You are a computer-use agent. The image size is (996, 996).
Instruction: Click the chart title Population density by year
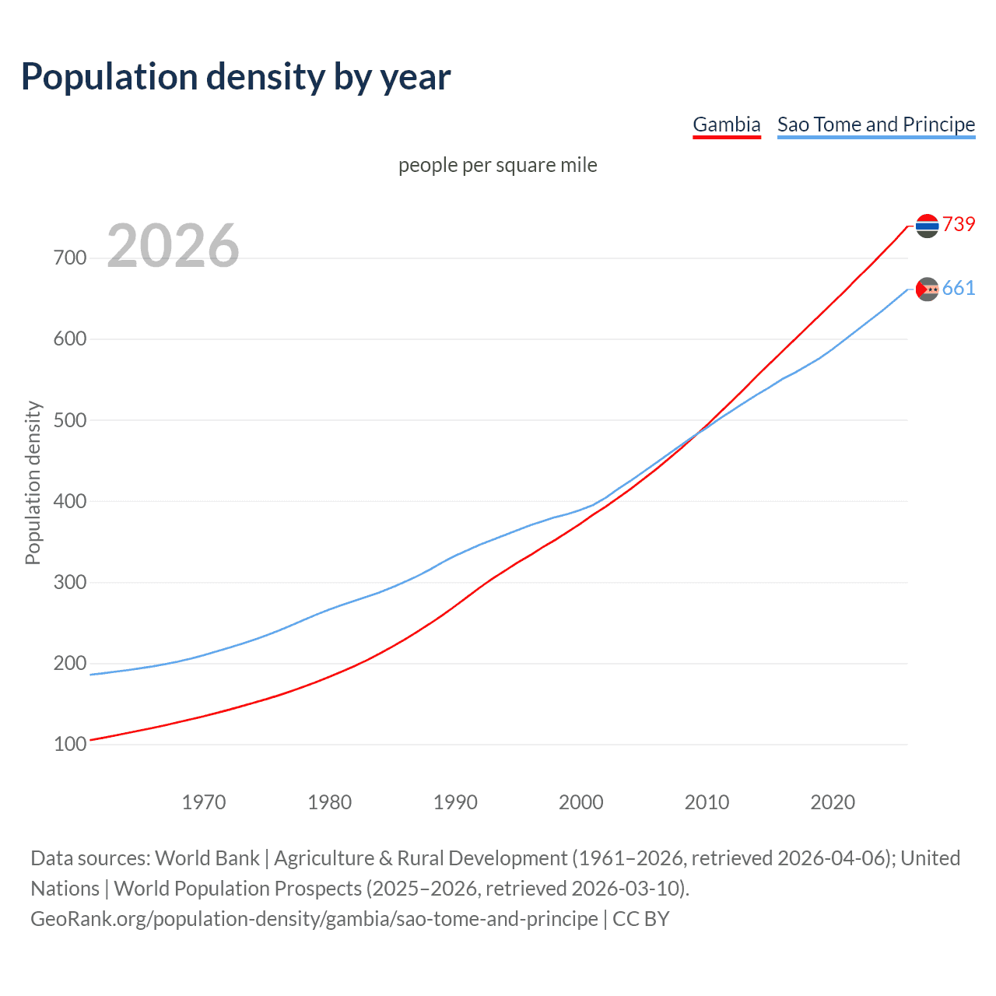tap(236, 77)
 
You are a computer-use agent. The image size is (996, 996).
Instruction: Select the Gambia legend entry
tap(726, 124)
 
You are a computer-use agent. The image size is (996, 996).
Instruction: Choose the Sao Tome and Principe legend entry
tap(875, 124)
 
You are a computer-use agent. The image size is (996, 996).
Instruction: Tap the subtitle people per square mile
tap(497, 165)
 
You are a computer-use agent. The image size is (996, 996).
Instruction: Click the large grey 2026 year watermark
tap(173, 246)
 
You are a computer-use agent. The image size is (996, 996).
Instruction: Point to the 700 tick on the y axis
tap(70, 258)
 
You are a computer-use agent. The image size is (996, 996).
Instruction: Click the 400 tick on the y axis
tap(70, 501)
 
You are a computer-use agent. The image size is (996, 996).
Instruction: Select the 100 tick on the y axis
tap(70, 745)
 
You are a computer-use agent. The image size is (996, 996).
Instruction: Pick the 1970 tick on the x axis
tap(204, 802)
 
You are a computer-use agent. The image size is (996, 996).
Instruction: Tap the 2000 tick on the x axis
tap(581, 802)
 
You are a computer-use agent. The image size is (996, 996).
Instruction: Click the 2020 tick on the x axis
tap(833, 802)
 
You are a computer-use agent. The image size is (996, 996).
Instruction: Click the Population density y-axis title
tap(33, 482)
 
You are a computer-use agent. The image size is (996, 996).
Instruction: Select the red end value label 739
tap(959, 224)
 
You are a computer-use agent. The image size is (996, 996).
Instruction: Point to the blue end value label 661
tap(959, 289)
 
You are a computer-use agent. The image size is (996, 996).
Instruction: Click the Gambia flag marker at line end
tap(927, 226)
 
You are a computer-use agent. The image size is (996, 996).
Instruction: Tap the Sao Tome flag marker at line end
tap(927, 289)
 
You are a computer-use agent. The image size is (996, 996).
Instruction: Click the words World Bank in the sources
tap(207, 858)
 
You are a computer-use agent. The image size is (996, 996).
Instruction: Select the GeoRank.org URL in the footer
tap(314, 919)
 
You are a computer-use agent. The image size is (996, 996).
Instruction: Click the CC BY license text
tap(641, 919)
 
